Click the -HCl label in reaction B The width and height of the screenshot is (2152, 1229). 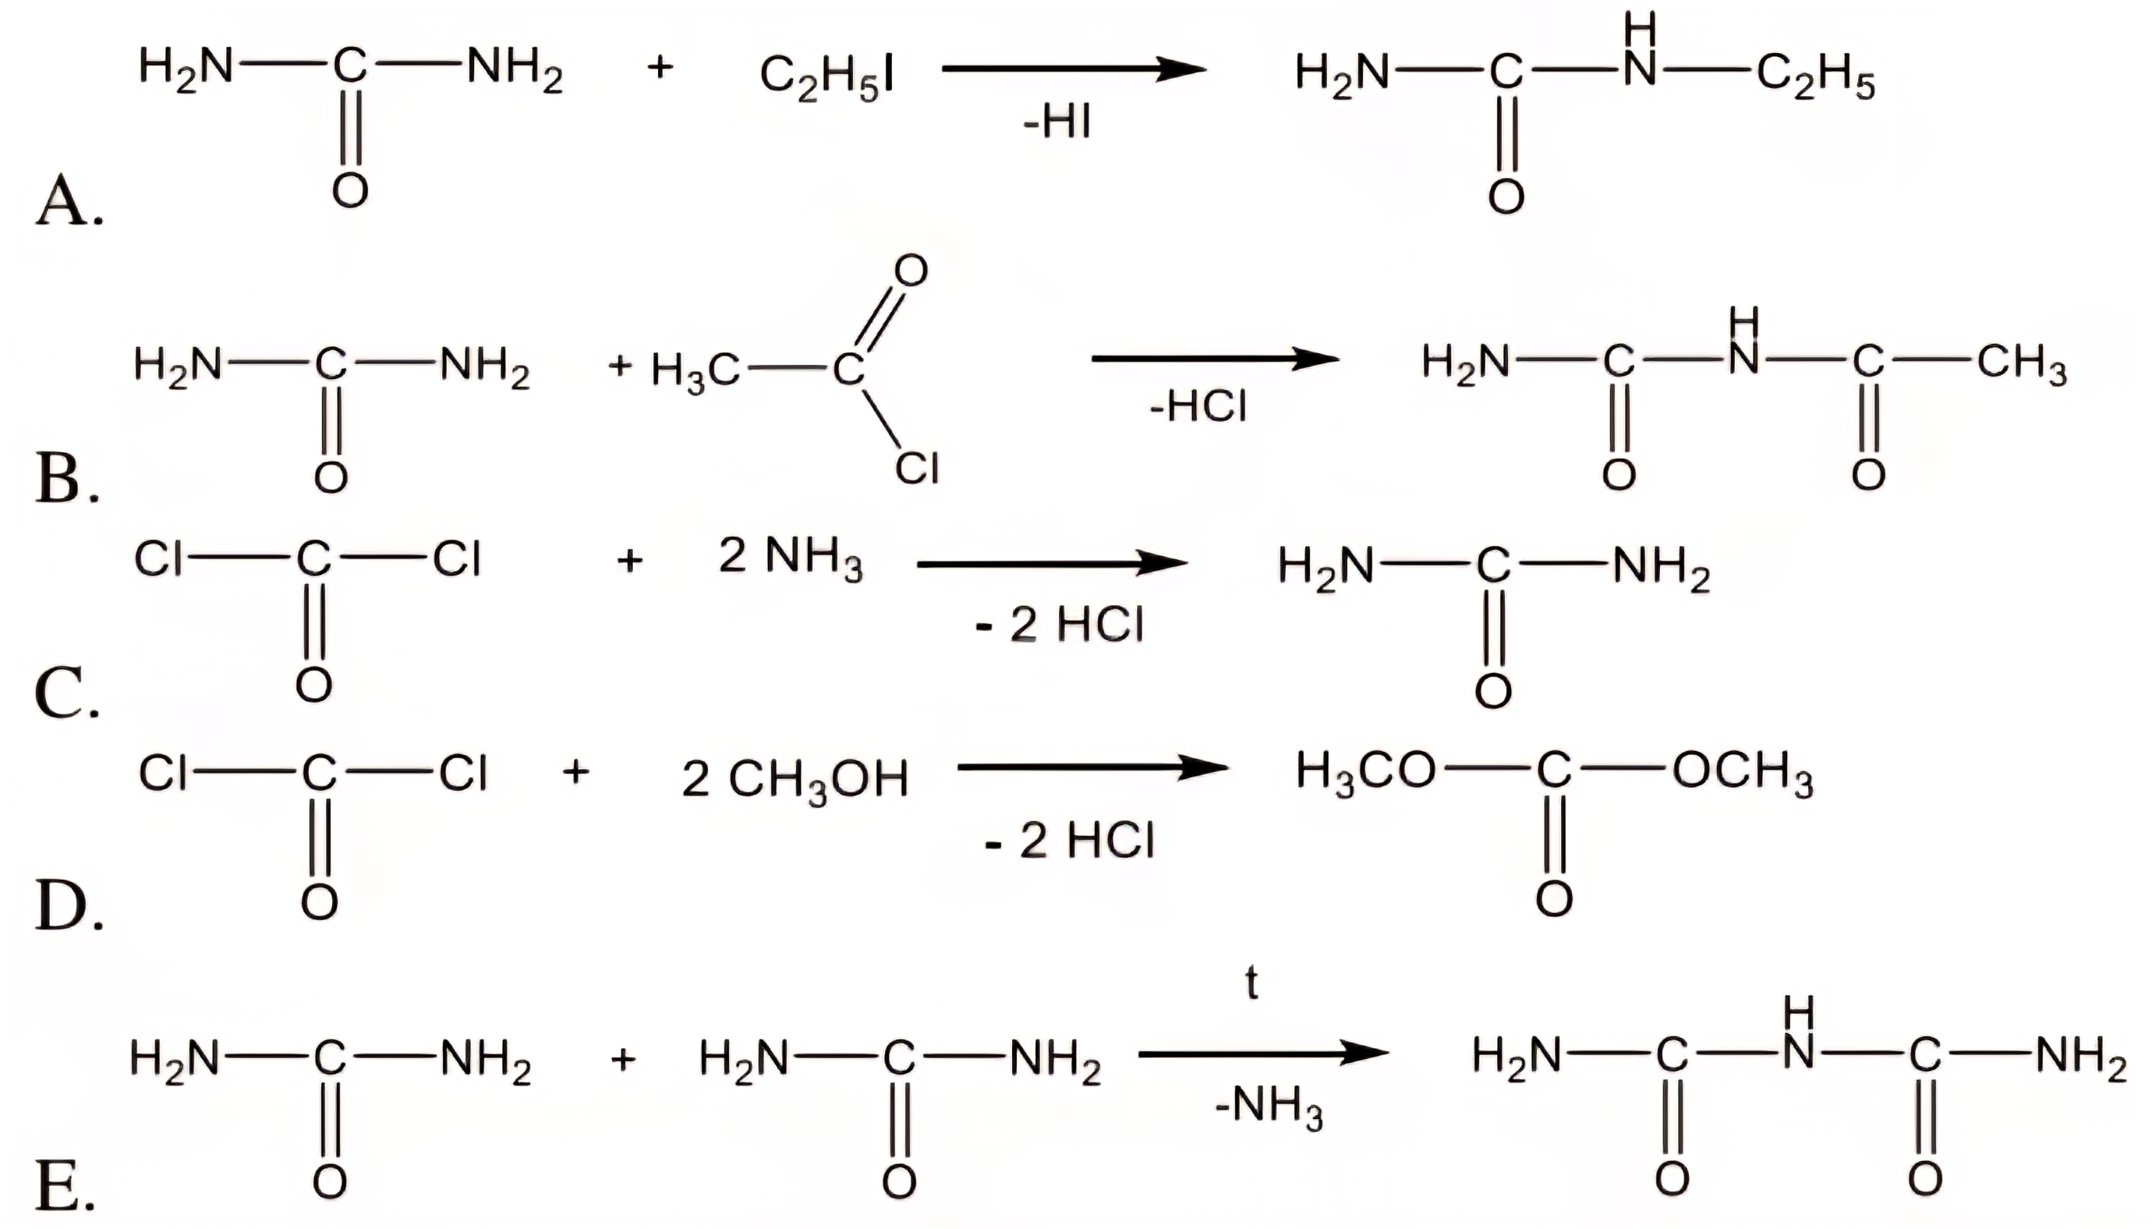click(1198, 407)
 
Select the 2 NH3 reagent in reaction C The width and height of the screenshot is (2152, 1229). click(790, 559)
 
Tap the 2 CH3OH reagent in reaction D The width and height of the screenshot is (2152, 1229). click(795, 779)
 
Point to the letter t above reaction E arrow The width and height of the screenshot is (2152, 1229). click(1251, 983)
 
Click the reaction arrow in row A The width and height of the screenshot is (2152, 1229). click(1074, 69)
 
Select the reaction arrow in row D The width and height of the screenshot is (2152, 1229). click(1092, 767)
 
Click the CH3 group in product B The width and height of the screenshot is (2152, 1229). click(2022, 363)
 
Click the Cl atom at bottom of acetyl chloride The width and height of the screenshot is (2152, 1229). click(918, 468)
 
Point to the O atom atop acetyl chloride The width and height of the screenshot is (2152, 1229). click(911, 270)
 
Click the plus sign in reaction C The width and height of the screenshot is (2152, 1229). click(629, 561)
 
